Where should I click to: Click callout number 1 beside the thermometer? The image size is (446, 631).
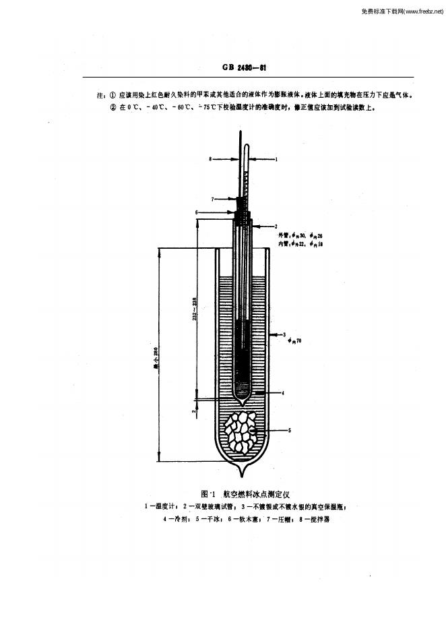click(276, 160)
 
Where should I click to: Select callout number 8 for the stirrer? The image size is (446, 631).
click(210, 160)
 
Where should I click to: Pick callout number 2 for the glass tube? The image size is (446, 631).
click(276, 226)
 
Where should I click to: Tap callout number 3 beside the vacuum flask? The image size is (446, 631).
click(285, 334)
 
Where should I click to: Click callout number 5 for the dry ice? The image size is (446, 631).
click(289, 429)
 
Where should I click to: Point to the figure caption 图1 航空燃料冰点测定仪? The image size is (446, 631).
click(241, 494)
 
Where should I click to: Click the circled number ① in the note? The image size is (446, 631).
click(112, 95)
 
